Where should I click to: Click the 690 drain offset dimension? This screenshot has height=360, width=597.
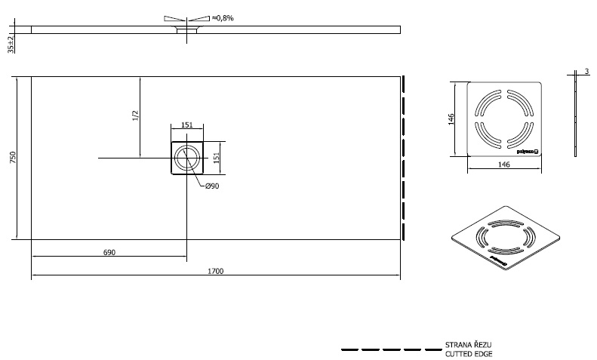pos(109,252)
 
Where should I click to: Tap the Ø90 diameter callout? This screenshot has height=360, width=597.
pos(212,186)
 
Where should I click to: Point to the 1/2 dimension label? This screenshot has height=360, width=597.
pos(136,115)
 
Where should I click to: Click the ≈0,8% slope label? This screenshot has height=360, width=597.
pos(223,17)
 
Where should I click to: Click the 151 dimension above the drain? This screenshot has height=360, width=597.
pos(186,125)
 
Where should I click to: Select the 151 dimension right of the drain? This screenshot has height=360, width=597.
pos(216,157)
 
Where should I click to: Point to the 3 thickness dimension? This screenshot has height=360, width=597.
pos(586,71)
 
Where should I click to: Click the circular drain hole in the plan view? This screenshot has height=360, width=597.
pos(186,158)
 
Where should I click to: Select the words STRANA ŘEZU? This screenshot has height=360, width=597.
pos(469,345)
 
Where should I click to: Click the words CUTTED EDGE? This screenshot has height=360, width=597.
pos(469,353)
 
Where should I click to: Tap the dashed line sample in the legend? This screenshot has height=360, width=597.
pos(390,349)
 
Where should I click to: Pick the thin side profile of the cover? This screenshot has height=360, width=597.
pos(576,117)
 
